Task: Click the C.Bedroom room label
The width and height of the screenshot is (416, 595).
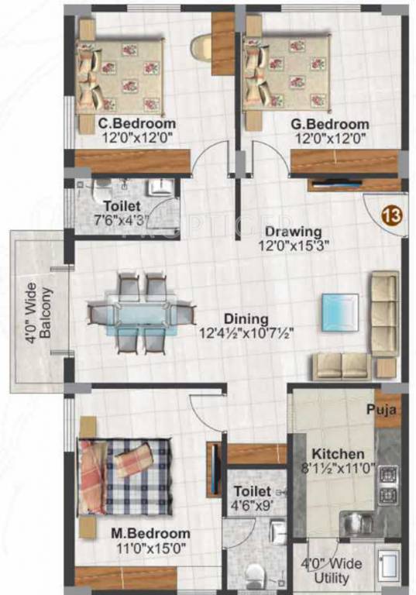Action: tap(136, 124)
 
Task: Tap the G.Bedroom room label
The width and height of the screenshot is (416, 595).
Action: tap(330, 124)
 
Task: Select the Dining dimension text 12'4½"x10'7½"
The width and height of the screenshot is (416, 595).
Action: tap(246, 333)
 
